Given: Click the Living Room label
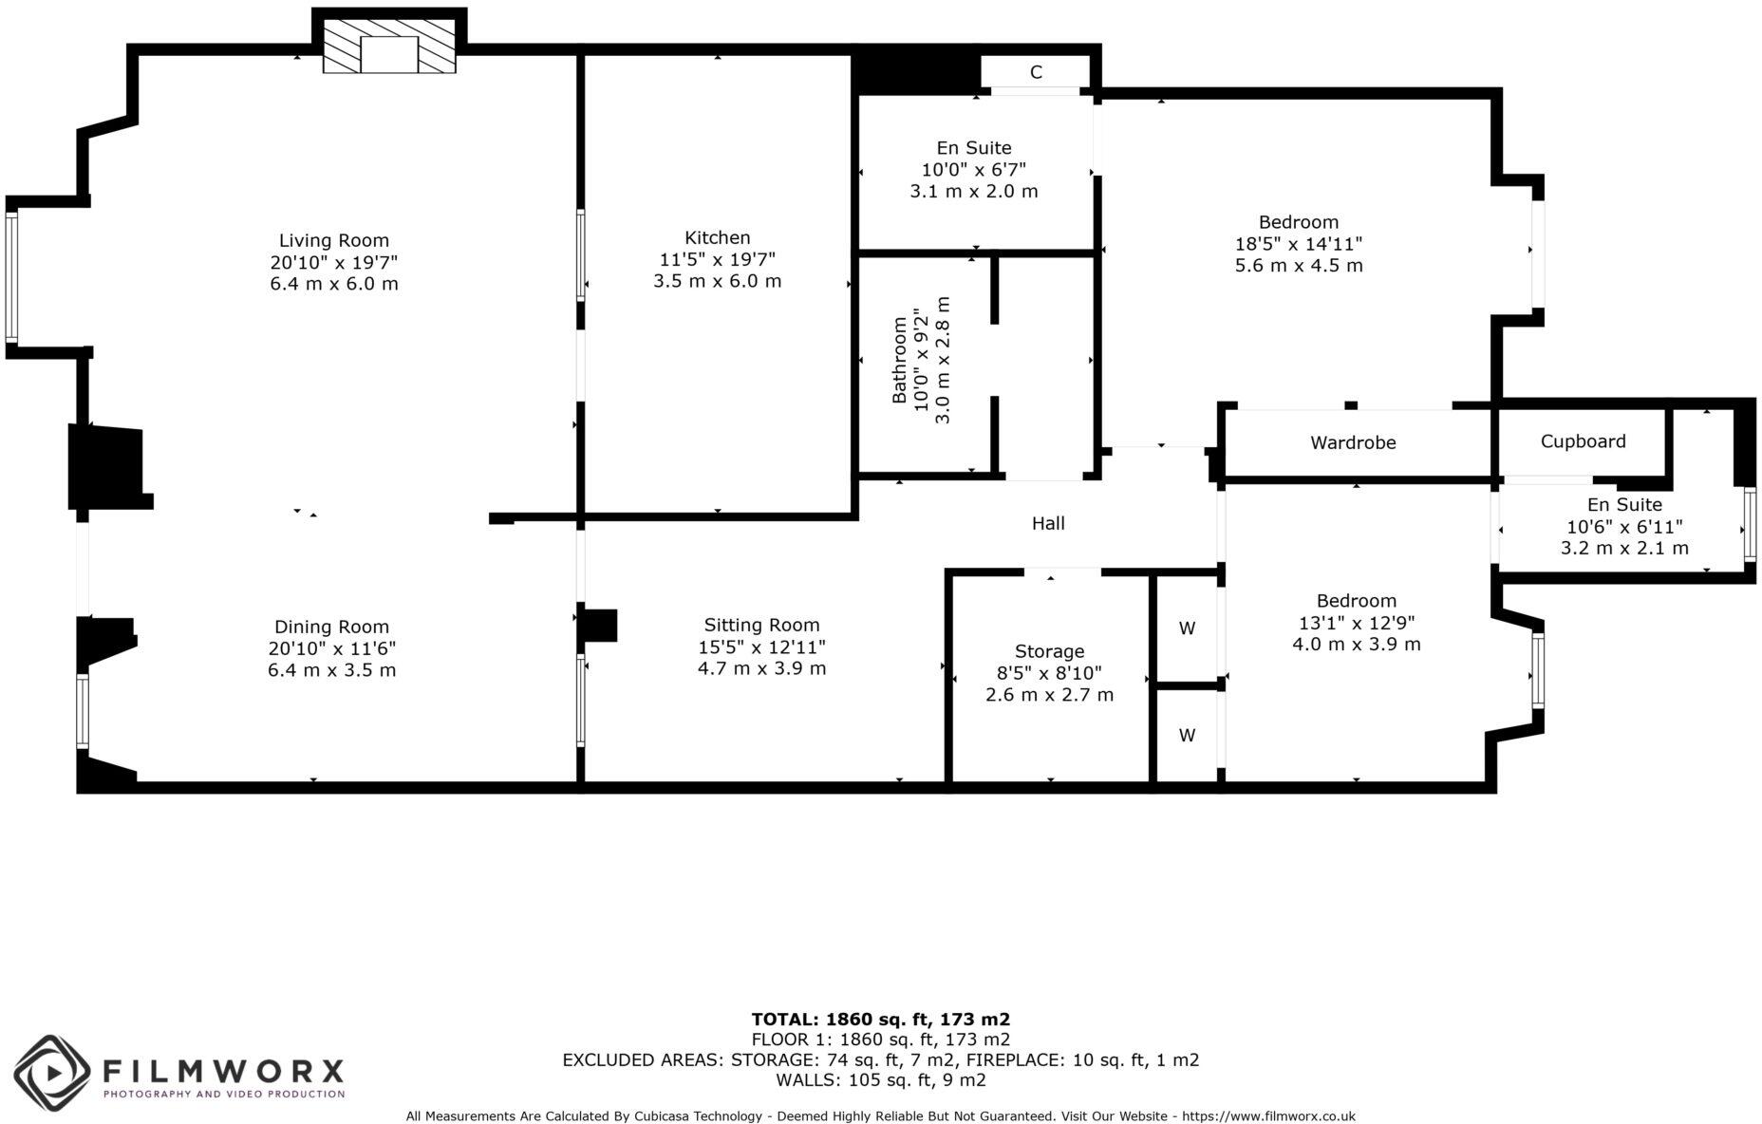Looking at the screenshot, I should [333, 240].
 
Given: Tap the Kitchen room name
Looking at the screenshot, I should [717, 237].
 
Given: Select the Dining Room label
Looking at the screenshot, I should [331, 627].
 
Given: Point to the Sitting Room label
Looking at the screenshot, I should [761, 625].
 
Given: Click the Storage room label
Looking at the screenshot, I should [1049, 651].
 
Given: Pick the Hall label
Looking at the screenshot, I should [1048, 523].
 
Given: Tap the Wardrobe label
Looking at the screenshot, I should [1353, 442].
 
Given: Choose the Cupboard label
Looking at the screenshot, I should [1583, 441].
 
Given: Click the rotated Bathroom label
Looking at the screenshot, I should [899, 361].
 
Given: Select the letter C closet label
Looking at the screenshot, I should [1036, 72].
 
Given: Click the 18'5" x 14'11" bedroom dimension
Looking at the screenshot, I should [1298, 244].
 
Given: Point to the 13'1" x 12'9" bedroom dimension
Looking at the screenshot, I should [1356, 623].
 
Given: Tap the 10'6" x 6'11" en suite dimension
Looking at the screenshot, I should [1624, 527].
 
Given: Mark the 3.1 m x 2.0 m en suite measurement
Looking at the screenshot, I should [974, 191].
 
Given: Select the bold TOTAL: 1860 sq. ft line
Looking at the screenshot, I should [880, 1020].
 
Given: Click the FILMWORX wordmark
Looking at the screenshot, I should [223, 1072].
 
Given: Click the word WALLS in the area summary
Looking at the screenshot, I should [805, 1079].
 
